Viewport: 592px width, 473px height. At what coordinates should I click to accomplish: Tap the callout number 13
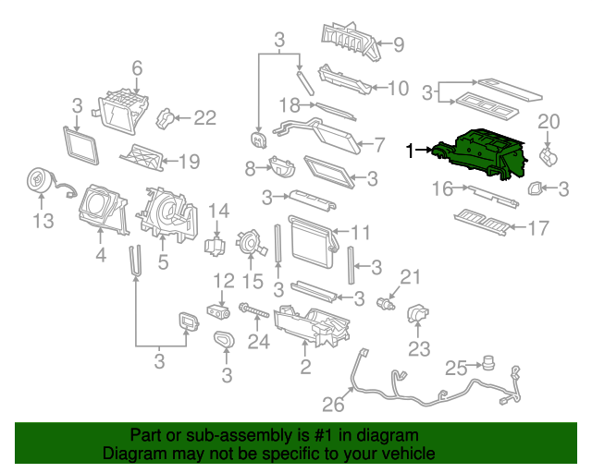click(x=43, y=221)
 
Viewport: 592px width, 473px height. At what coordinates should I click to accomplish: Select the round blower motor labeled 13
click(x=39, y=181)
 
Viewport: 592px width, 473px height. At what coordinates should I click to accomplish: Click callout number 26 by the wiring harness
click(x=333, y=405)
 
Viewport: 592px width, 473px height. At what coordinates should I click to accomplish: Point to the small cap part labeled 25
click(x=488, y=363)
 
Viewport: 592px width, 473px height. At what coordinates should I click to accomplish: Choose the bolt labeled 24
click(x=253, y=310)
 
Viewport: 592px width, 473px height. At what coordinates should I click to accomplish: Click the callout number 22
click(x=205, y=117)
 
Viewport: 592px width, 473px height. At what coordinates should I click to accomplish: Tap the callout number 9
click(x=399, y=44)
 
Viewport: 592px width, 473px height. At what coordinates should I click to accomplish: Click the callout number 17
click(x=538, y=228)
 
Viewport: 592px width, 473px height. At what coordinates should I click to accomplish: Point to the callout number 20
click(x=549, y=122)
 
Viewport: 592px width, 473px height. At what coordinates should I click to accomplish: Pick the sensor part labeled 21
click(x=386, y=303)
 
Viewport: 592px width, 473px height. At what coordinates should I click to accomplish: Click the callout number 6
click(x=137, y=68)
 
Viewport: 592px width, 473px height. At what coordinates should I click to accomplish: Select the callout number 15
click(x=253, y=281)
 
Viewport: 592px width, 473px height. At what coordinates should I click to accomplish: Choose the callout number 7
click(x=379, y=145)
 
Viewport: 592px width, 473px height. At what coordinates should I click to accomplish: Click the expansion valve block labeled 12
click(x=218, y=311)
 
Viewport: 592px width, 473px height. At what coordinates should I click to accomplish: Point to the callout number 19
click(x=189, y=162)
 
